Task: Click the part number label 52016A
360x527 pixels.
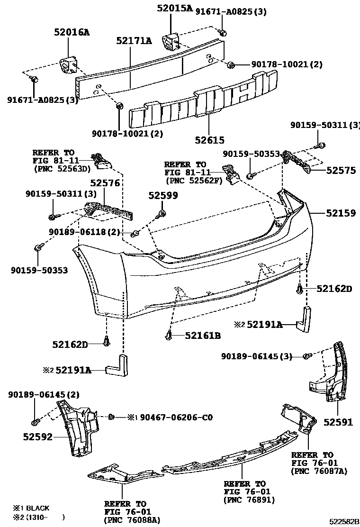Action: (x=71, y=32)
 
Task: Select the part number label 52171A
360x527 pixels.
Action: (x=134, y=41)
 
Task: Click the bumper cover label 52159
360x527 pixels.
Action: (x=340, y=214)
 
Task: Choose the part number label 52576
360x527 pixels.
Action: (x=105, y=183)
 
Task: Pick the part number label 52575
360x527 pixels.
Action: (x=341, y=170)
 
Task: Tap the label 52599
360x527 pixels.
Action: (x=163, y=195)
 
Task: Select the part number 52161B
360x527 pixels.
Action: (x=203, y=336)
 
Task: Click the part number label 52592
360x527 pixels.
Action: (x=37, y=436)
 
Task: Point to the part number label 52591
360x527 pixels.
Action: (x=338, y=422)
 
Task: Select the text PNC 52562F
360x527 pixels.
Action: (x=194, y=181)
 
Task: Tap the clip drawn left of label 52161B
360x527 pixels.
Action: (x=169, y=336)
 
